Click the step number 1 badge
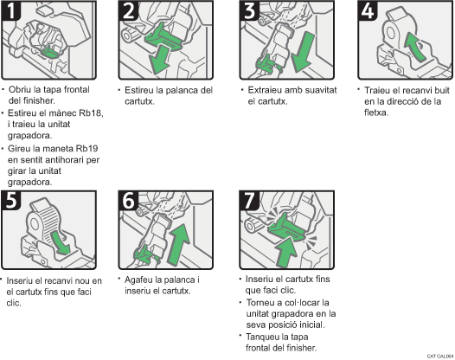point(11,10)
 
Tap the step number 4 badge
point(368,10)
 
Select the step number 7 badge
point(249,200)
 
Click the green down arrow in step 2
point(159,61)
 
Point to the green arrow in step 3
point(303,52)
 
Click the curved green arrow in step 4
point(414,47)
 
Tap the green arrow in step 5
point(61,242)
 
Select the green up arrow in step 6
point(179,244)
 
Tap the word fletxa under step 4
point(376,112)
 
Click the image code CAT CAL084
point(440,357)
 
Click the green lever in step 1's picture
point(50,52)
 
